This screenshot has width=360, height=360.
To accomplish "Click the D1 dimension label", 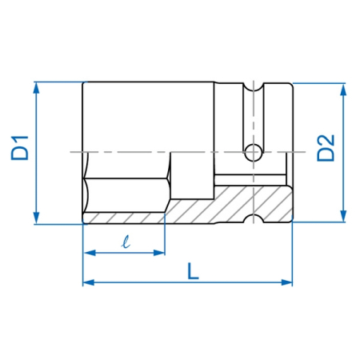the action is tap(20, 148).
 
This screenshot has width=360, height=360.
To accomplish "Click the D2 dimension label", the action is tap(326, 148).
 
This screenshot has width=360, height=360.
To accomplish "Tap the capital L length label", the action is tap(193, 271).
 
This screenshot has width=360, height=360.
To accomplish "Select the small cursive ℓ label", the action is tap(126, 242).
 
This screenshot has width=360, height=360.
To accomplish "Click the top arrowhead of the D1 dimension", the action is tap(36, 88).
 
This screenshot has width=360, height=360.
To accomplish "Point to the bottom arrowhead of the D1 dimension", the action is tap(36, 218).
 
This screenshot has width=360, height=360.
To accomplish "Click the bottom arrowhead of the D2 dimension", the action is tap(343, 216).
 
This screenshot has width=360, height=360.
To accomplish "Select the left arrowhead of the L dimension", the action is tap(89, 282).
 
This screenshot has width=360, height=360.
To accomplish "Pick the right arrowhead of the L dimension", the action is tap(286, 282).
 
